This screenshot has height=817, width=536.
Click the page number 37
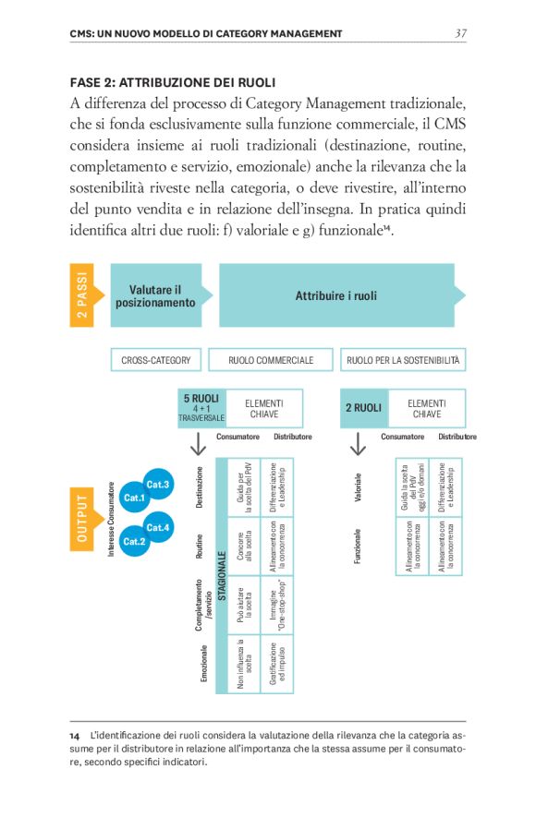click(460, 33)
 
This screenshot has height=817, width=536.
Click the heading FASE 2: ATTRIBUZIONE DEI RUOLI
click(173, 83)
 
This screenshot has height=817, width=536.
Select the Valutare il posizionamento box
click(155, 295)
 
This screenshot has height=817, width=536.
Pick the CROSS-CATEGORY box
click(155, 360)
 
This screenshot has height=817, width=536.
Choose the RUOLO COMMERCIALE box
click(271, 360)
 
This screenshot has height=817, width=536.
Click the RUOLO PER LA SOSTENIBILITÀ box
click(405, 360)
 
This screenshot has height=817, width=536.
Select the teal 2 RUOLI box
click(363, 407)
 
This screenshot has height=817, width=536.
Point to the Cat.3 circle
click(158, 484)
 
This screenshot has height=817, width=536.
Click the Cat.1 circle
click(135, 499)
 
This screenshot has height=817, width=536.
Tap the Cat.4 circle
click(158, 527)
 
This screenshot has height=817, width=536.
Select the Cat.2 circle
click(135, 541)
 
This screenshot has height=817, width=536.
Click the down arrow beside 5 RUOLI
click(197, 444)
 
